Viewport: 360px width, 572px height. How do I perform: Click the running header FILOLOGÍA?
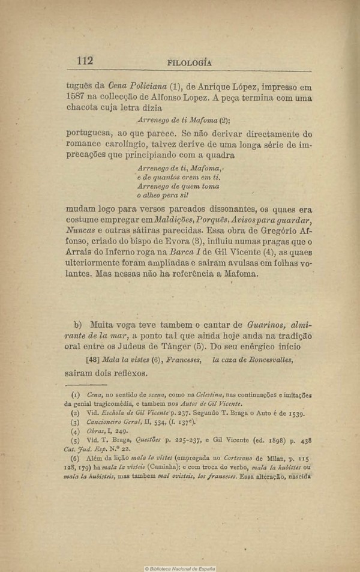[191, 62]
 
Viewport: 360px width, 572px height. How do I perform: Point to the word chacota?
[84, 109]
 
